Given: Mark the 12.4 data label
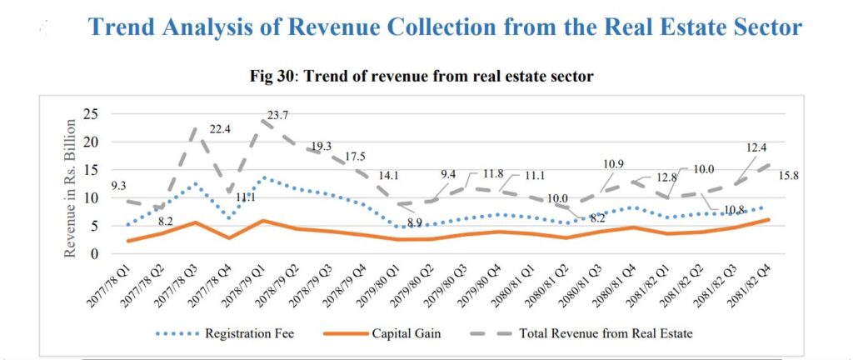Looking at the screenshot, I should coord(757,147).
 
